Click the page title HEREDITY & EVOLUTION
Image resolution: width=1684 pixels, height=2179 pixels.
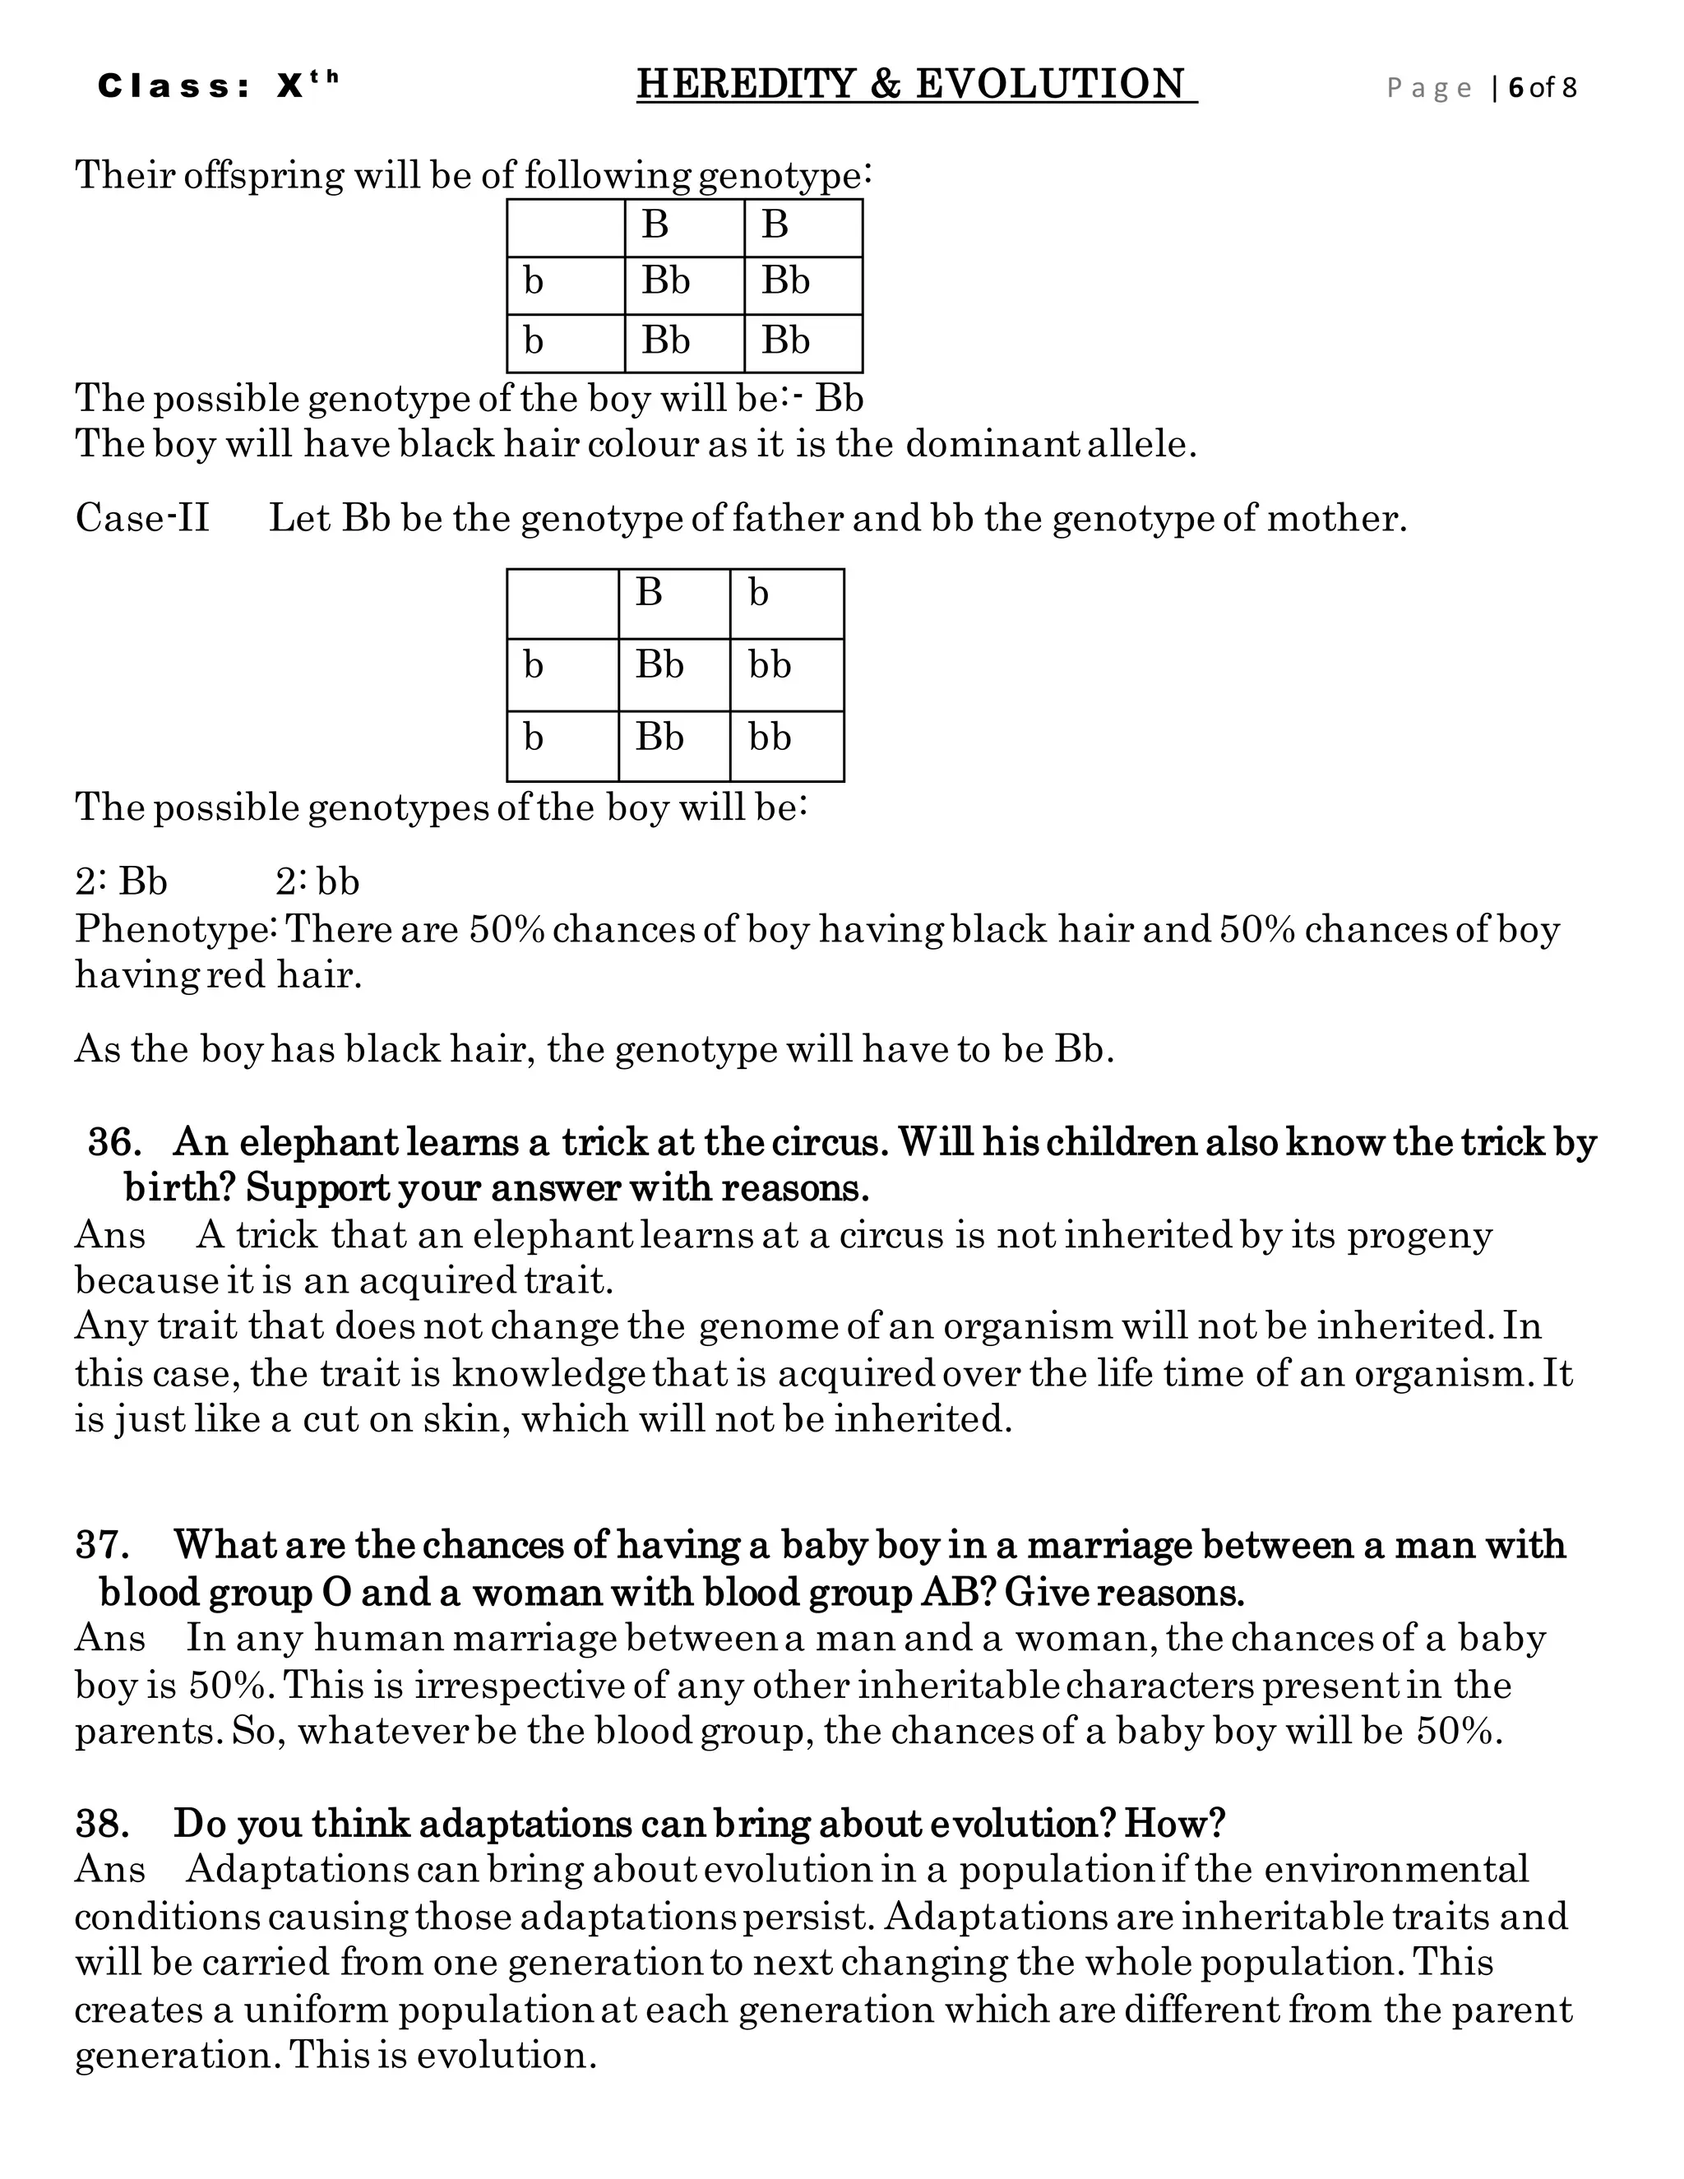pos(915,84)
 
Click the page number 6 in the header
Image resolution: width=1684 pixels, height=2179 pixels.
pos(1515,88)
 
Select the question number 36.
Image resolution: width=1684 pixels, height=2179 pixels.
pos(113,1141)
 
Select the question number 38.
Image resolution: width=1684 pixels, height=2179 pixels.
pos(102,1824)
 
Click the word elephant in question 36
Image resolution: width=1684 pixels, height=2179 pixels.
pos(317,1141)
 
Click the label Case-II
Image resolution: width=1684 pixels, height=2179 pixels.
pos(141,518)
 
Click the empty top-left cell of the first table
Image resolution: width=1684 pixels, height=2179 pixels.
pos(565,228)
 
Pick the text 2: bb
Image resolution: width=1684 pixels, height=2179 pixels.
pos(317,882)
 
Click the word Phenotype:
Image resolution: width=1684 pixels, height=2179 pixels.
pos(176,930)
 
